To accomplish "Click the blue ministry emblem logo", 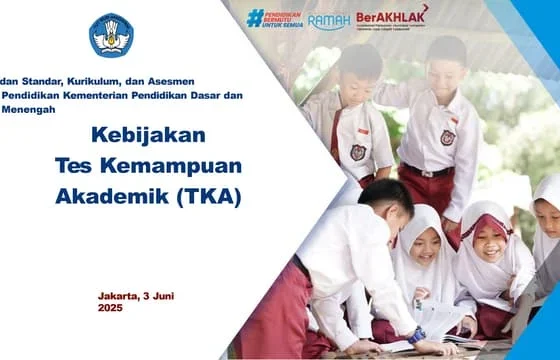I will (111, 36).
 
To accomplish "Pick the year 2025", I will (111, 309).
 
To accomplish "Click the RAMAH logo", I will (328, 21).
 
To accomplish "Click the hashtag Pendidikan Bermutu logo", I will (274, 19).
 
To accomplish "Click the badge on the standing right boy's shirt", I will (447, 138).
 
